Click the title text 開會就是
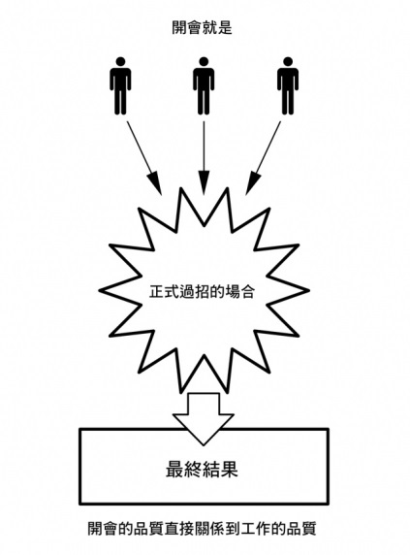click(202, 27)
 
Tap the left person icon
click(120, 86)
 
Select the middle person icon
click(204, 86)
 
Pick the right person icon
click(288, 86)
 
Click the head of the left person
click(120, 61)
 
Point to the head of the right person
click(288, 61)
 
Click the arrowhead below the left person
click(155, 183)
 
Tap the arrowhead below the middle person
click(204, 183)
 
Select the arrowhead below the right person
click(251, 183)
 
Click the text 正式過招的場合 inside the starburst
click(202, 292)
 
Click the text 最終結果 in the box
click(202, 470)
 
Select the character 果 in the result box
click(230, 470)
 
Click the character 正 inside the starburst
click(157, 292)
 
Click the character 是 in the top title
click(225, 27)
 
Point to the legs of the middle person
click(204, 102)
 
